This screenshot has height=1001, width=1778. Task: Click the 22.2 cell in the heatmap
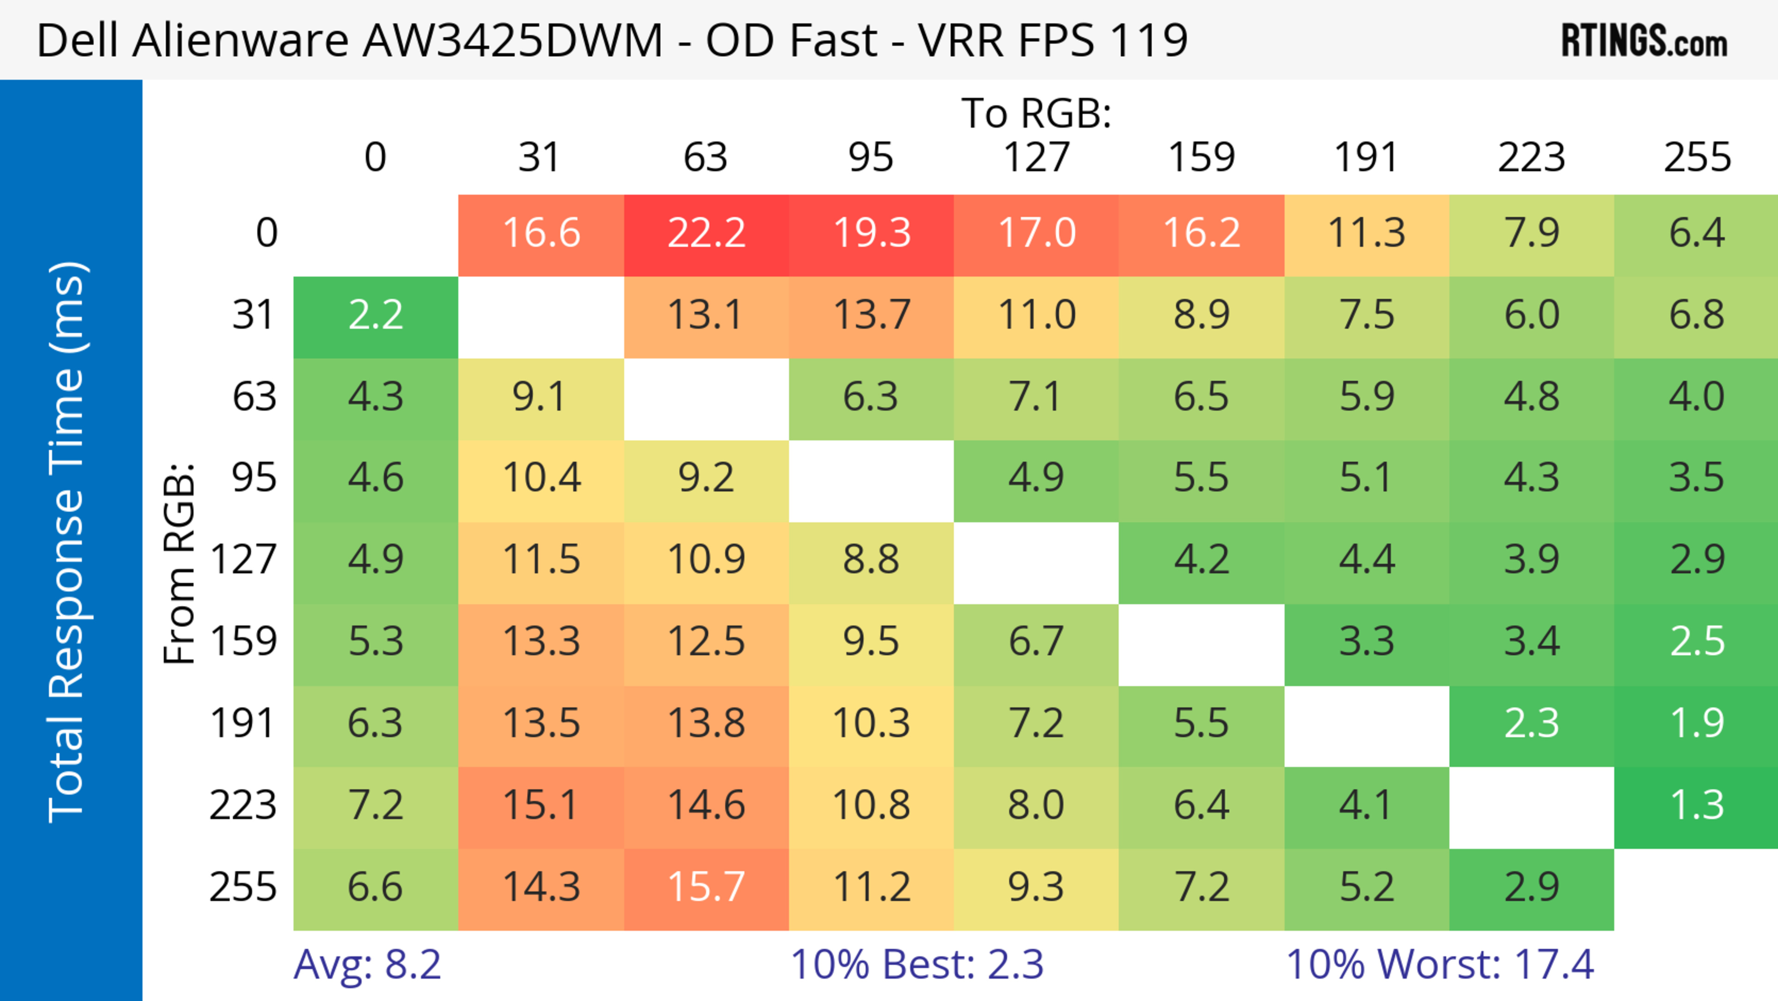706,234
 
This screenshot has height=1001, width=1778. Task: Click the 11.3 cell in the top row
1367,234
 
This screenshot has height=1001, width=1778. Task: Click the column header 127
1036,157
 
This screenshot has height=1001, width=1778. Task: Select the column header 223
1532,157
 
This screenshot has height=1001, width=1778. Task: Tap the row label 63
254,397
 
